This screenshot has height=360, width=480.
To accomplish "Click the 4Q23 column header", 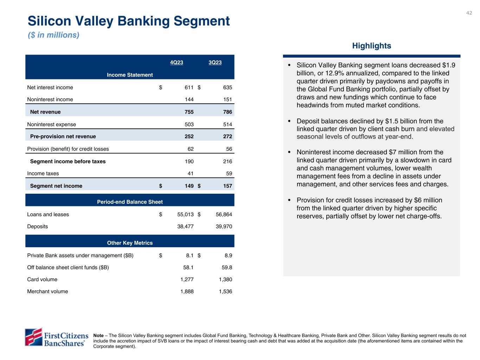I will (x=177, y=63).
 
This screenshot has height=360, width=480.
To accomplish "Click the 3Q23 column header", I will (x=215, y=63).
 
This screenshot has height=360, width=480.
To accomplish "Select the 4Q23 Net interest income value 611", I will (x=189, y=88).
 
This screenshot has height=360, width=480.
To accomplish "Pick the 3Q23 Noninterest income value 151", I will (x=228, y=99).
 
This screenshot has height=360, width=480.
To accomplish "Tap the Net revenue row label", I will (x=45, y=112).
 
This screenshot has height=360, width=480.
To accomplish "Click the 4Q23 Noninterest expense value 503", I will (x=189, y=124).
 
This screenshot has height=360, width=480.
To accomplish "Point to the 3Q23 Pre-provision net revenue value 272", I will (x=228, y=136).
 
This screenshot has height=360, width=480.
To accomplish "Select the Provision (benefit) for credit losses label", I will (x=68, y=149).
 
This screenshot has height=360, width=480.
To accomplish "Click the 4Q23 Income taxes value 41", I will (x=190, y=174).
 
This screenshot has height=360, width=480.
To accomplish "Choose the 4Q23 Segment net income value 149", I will (x=189, y=186).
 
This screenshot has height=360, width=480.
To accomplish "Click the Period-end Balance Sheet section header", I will (x=130, y=202).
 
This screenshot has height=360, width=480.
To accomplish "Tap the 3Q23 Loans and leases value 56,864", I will (x=224, y=214).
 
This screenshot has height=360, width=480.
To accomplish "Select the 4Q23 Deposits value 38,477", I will (x=185, y=227).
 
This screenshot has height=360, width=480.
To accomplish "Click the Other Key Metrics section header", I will (x=130, y=243).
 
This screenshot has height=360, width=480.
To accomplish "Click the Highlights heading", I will (x=371, y=46).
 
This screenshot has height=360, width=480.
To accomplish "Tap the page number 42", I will (x=469, y=13).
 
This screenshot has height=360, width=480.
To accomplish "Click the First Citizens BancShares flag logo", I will (x=33, y=337).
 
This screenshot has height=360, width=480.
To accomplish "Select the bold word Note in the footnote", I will (x=98, y=336).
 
